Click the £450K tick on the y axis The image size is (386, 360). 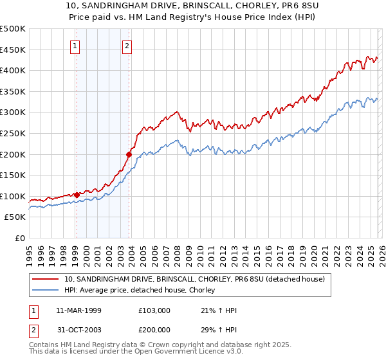[x=14, y=50]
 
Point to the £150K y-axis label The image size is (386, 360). [x=14, y=175]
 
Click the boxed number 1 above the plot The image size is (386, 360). [x=76, y=46]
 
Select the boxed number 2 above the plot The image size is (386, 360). [x=127, y=46]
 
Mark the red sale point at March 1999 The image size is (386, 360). [x=77, y=195]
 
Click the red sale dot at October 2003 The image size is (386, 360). [x=129, y=154]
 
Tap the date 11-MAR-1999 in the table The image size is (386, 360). [x=75, y=310]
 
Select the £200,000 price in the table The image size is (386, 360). [x=154, y=330]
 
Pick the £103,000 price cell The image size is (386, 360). [x=154, y=310]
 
